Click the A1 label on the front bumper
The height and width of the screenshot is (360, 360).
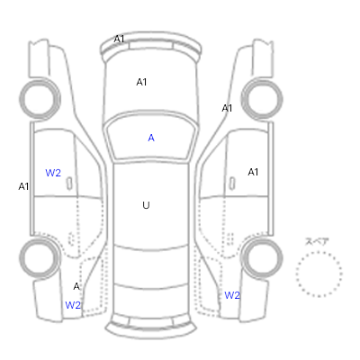click(x=119, y=39)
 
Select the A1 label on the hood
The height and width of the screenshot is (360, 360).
click(x=141, y=82)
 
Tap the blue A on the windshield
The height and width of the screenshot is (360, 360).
click(x=151, y=138)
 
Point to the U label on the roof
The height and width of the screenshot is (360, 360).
click(x=146, y=205)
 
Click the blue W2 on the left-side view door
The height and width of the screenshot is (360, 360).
click(x=53, y=173)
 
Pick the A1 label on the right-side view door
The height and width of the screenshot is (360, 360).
click(x=253, y=172)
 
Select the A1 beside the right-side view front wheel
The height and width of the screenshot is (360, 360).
click(x=227, y=108)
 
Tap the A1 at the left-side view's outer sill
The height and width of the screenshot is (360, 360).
click(x=23, y=186)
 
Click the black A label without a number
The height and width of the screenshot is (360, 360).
click(x=76, y=286)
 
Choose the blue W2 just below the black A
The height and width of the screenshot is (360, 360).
click(x=73, y=305)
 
